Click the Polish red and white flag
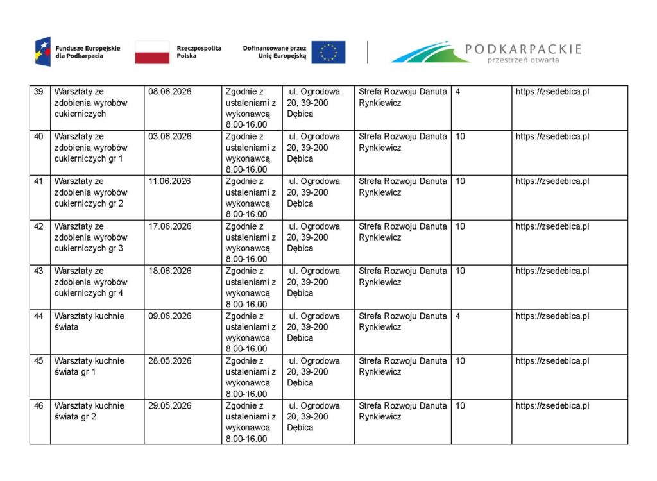pyautogui.click(x=152, y=53)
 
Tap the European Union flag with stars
pyautogui.click(x=328, y=53)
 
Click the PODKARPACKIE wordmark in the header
pyautogui.click(x=522, y=49)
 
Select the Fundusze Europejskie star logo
pyautogui.click(x=43, y=52)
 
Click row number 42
pyautogui.click(x=38, y=226)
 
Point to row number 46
pyautogui.click(x=38, y=406)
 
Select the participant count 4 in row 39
pyautogui.click(x=457, y=92)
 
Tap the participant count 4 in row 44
pyautogui.click(x=457, y=316)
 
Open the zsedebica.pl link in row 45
pyautogui.click(x=552, y=361)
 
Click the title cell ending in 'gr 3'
pyautogui.click(x=89, y=237)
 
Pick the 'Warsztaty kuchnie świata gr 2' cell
pyautogui.click(x=89, y=411)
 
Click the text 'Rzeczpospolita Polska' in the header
pyautogui.click(x=199, y=53)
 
